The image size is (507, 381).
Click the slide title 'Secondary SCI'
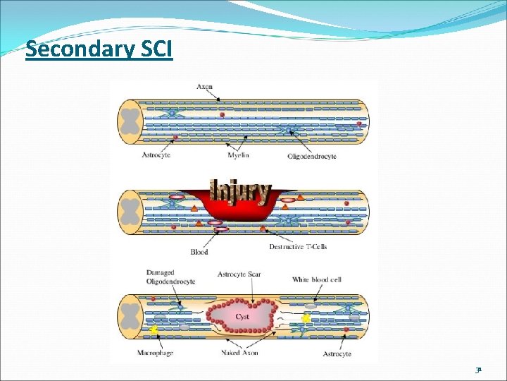(99, 50)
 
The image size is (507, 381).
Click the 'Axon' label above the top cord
(204, 87)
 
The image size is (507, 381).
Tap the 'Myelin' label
(238, 155)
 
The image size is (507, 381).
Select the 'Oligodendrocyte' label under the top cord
(312, 156)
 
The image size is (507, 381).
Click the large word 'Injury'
(241, 190)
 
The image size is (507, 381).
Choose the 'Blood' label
(199, 252)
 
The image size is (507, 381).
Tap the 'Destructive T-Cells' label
(298, 247)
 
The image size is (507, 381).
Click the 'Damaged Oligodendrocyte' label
(170, 277)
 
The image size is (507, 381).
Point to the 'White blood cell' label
(317, 280)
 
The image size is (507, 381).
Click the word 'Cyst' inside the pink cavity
(242, 317)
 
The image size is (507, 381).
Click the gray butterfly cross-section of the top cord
(130, 121)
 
